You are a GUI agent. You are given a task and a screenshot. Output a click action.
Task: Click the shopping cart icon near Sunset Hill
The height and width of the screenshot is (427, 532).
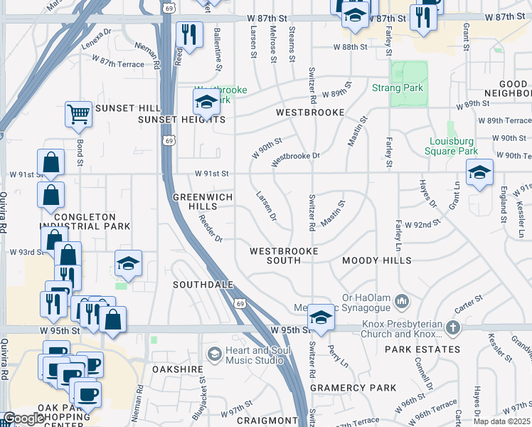click(78, 114)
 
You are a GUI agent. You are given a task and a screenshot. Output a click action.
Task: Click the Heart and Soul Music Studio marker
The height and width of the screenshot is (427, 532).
click(214, 354)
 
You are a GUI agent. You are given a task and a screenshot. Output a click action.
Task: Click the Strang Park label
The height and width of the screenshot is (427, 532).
click(398, 88)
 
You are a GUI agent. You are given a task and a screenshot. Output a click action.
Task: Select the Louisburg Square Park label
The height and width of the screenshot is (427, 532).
click(451, 146)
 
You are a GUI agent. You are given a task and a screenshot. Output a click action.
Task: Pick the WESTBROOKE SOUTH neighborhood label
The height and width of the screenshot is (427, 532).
click(283, 255)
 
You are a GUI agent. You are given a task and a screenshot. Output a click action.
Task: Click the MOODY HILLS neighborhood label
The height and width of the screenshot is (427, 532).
click(376, 260)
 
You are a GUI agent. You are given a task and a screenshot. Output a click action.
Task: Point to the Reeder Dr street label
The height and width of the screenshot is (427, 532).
click(211, 228)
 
